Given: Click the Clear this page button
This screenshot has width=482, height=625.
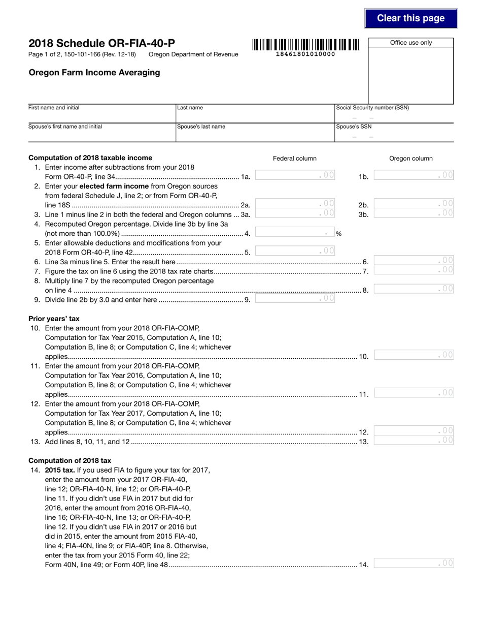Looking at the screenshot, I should click(x=410, y=18).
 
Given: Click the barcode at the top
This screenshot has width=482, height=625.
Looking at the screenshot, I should click(x=305, y=45).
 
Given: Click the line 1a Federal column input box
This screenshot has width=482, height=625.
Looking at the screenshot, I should click(x=295, y=175).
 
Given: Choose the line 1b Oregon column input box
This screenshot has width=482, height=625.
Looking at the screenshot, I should click(x=414, y=175).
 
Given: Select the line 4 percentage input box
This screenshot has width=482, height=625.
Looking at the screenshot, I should click(x=295, y=233).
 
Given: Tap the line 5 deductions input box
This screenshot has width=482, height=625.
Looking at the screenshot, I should click(x=295, y=251).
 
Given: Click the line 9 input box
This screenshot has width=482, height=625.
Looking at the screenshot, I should click(x=295, y=299).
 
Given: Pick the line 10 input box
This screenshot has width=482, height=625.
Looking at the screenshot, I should click(x=414, y=355).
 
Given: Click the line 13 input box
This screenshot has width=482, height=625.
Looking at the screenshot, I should click(x=414, y=441).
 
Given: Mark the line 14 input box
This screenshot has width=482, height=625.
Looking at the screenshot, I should click(x=414, y=563).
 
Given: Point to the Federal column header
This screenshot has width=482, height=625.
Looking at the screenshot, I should click(x=295, y=159).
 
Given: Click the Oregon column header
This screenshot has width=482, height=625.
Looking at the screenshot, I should click(x=411, y=159).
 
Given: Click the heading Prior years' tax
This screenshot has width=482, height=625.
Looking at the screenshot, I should click(x=54, y=319).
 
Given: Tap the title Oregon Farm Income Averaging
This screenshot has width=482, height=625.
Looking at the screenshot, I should click(x=94, y=73).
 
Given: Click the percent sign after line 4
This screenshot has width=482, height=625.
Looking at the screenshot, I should click(x=338, y=234).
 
